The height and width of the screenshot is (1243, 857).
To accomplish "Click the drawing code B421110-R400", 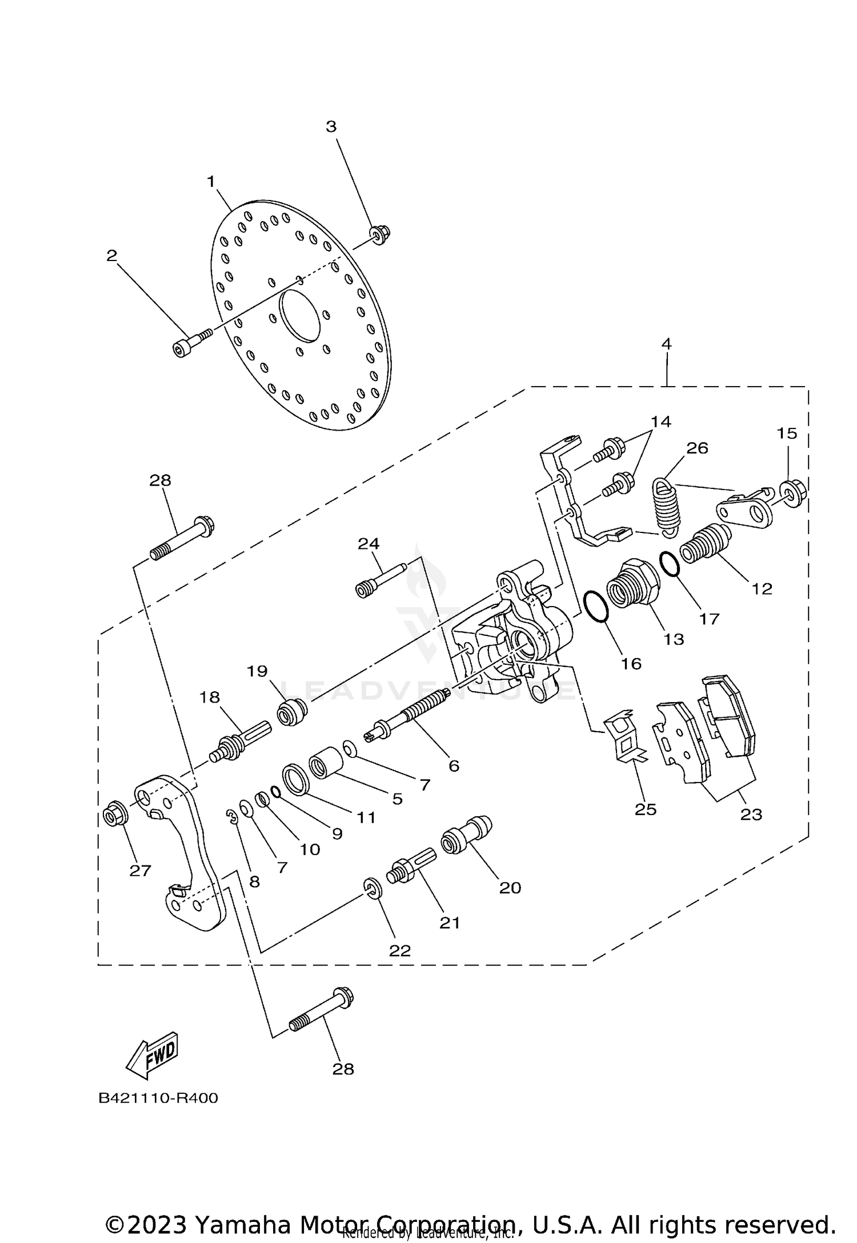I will coord(158,1098).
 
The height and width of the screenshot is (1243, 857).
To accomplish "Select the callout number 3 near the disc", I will coord(331,127).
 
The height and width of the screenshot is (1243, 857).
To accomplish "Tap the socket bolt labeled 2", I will coord(190,342).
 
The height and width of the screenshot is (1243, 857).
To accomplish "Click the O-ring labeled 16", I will coord(596,606).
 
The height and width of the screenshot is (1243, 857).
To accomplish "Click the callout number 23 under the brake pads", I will coord(751,815).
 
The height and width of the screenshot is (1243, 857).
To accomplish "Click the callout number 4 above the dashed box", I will coord(666,344).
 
